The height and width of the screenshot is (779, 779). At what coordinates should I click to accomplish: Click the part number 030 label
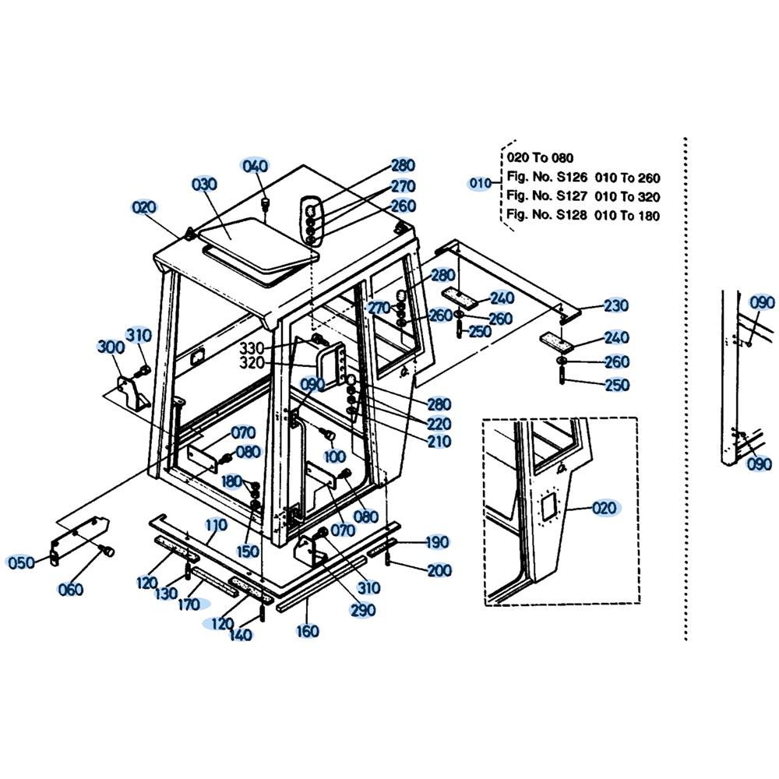click(204, 185)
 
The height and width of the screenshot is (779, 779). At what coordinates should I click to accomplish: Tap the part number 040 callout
click(255, 165)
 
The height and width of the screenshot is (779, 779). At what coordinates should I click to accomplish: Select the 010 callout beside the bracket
click(481, 183)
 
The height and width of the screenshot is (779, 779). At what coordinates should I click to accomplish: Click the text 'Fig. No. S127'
click(547, 196)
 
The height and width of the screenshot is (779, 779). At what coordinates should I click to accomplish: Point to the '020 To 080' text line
click(540, 158)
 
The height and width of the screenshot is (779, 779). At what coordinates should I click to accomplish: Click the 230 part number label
click(616, 305)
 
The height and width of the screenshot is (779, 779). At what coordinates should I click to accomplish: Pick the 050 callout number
click(22, 562)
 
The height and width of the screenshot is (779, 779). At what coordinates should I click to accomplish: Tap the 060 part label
click(71, 589)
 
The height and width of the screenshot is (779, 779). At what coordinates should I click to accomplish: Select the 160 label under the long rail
click(307, 631)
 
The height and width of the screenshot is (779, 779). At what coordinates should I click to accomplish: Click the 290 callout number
click(363, 610)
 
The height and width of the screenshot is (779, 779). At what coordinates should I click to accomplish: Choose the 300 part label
click(111, 347)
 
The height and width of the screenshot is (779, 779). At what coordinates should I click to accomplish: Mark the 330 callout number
click(252, 347)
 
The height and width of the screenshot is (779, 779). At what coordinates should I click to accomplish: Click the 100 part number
click(334, 456)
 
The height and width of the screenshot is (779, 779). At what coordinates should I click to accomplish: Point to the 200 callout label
click(439, 570)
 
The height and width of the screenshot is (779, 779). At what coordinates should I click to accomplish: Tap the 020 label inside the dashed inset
click(605, 508)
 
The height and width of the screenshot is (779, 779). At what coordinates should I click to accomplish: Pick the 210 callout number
click(439, 441)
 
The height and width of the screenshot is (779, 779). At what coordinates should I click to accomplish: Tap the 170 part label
click(189, 605)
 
